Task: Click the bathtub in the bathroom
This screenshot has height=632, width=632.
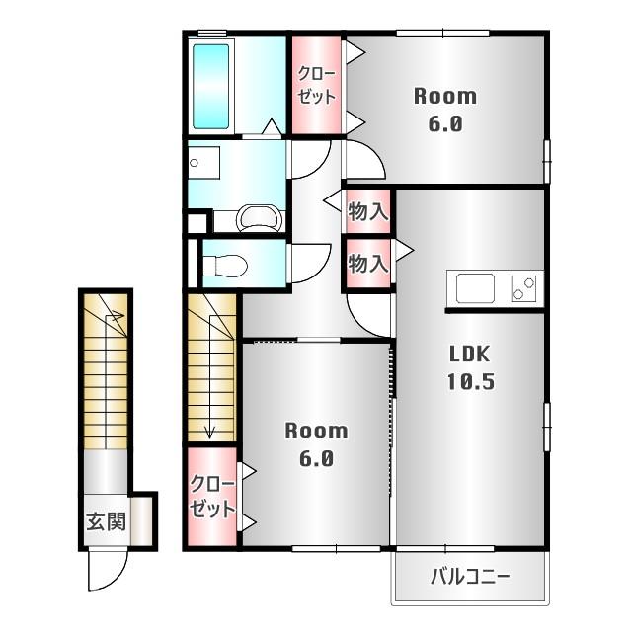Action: point(210,86)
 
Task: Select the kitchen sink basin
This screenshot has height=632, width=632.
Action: point(475,287)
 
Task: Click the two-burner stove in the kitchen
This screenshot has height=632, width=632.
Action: point(523,288)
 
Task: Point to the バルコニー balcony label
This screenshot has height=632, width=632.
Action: point(470,577)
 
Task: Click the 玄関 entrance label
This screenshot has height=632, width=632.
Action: point(107,521)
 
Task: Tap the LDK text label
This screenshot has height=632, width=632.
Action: point(470,354)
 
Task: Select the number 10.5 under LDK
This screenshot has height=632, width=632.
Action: point(471,381)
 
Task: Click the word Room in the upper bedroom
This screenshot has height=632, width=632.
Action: point(445,97)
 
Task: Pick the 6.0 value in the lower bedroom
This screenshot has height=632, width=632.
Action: point(316,458)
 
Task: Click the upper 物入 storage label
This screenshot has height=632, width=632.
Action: point(368,211)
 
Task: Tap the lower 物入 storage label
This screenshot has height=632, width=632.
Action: point(368,264)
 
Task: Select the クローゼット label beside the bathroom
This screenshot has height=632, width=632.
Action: point(316,85)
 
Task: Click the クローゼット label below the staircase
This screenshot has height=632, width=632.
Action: point(212,496)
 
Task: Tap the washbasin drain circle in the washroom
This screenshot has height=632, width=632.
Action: point(194,163)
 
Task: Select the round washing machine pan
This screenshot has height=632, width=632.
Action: point(260,218)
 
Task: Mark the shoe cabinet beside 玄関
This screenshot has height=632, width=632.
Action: point(141,520)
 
